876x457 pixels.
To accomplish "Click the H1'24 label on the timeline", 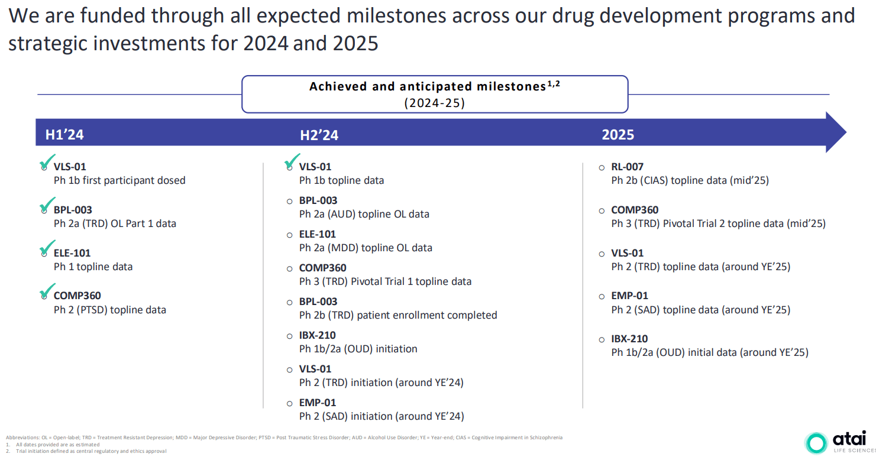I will click(x=64, y=135).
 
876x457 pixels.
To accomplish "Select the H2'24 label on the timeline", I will click(x=319, y=135).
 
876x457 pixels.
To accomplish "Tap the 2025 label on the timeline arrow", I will click(x=618, y=135).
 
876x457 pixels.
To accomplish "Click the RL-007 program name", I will click(x=627, y=167).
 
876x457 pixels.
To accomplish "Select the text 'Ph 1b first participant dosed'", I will click(x=119, y=180).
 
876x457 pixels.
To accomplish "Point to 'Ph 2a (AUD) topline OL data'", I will click(x=364, y=214).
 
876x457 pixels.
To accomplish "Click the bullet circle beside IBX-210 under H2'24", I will click(x=289, y=336).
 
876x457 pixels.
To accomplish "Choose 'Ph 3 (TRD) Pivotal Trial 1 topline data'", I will click(x=385, y=281).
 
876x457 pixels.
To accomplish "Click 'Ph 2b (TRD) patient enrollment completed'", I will click(x=397, y=315).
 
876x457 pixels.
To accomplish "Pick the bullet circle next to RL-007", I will click(x=602, y=167).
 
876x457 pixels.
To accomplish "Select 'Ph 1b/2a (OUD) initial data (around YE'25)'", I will click(x=709, y=352).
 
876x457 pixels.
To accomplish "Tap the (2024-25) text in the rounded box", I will click(x=434, y=102).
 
